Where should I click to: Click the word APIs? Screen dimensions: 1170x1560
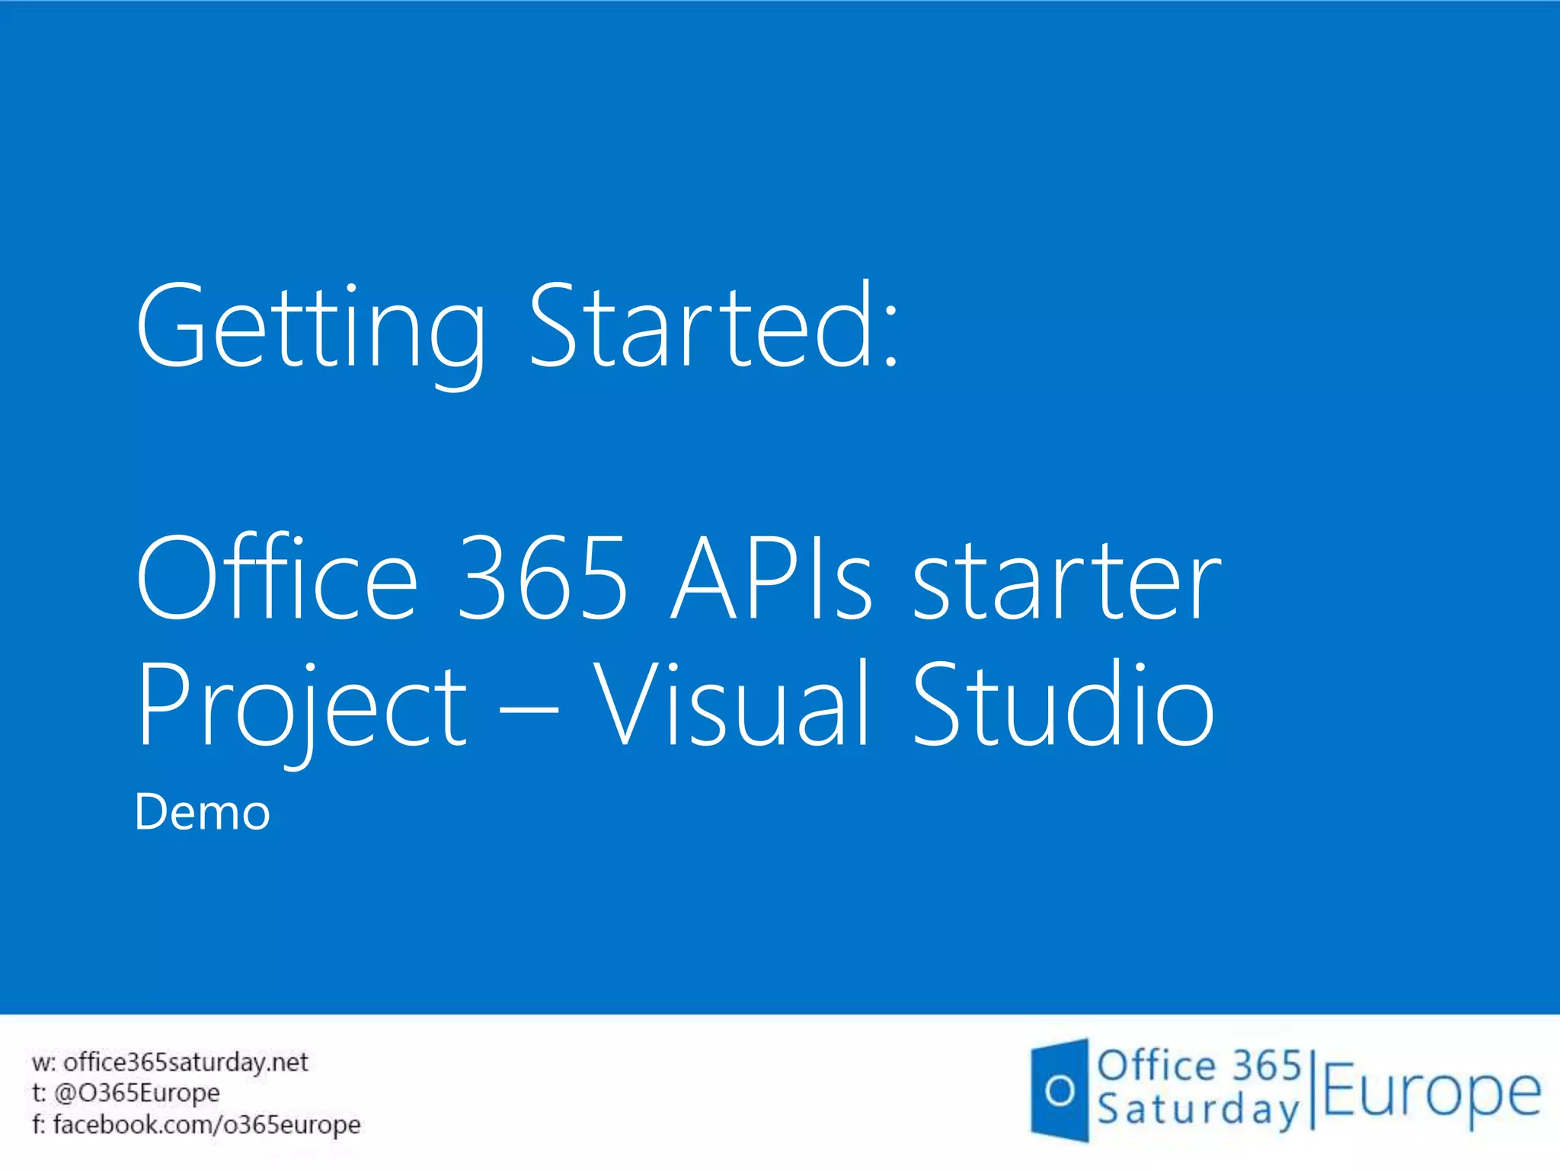click(x=771, y=579)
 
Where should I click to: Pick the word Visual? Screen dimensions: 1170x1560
click(x=730, y=704)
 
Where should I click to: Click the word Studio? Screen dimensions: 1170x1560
click(x=1063, y=704)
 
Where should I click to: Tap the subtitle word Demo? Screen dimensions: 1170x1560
click(x=203, y=812)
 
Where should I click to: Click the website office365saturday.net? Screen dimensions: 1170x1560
click(x=185, y=1062)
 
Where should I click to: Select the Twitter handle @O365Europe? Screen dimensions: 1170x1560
click(x=137, y=1093)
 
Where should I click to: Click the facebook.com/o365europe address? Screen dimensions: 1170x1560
click(x=206, y=1124)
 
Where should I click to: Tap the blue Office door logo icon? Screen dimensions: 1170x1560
click(x=1060, y=1091)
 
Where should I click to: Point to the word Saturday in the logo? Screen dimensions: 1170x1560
click(x=1197, y=1111)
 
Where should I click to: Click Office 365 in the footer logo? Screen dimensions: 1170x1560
click(x=1199, y=1065)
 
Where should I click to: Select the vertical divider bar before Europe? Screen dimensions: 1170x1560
click(x=1312, y=1089)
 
